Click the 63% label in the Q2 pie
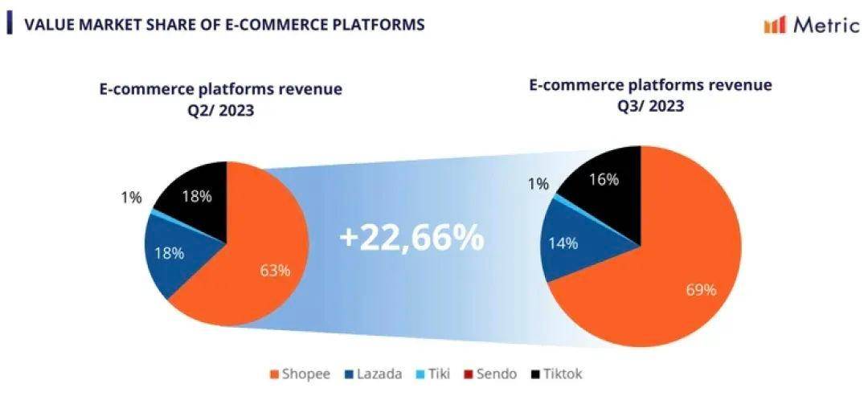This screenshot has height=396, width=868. [x=275, y=271]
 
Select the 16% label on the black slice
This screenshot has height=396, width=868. [x=604, y=180]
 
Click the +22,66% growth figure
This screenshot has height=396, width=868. [x=411, y=238]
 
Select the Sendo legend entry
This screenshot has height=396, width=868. [x=491, y=374]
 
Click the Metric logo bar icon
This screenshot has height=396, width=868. [x=775, y=25]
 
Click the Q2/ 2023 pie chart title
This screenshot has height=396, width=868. [x=220, y=100]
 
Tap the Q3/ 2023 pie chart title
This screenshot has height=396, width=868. [x=650, y=96]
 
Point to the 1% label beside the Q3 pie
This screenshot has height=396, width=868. [x=537, y=183]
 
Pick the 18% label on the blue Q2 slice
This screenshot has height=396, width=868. [x=170, y=252]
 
